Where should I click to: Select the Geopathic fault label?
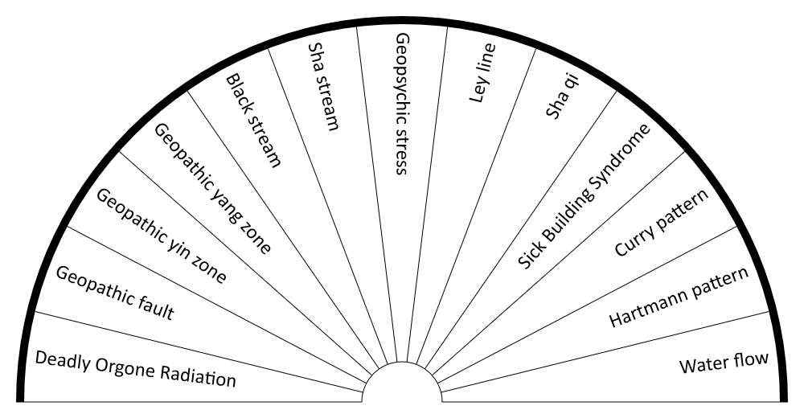point(115,293)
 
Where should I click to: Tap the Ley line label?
point(482,73)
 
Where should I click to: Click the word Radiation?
point(199,375)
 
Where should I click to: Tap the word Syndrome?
point(623,153)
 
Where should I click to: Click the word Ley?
point(478,89)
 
